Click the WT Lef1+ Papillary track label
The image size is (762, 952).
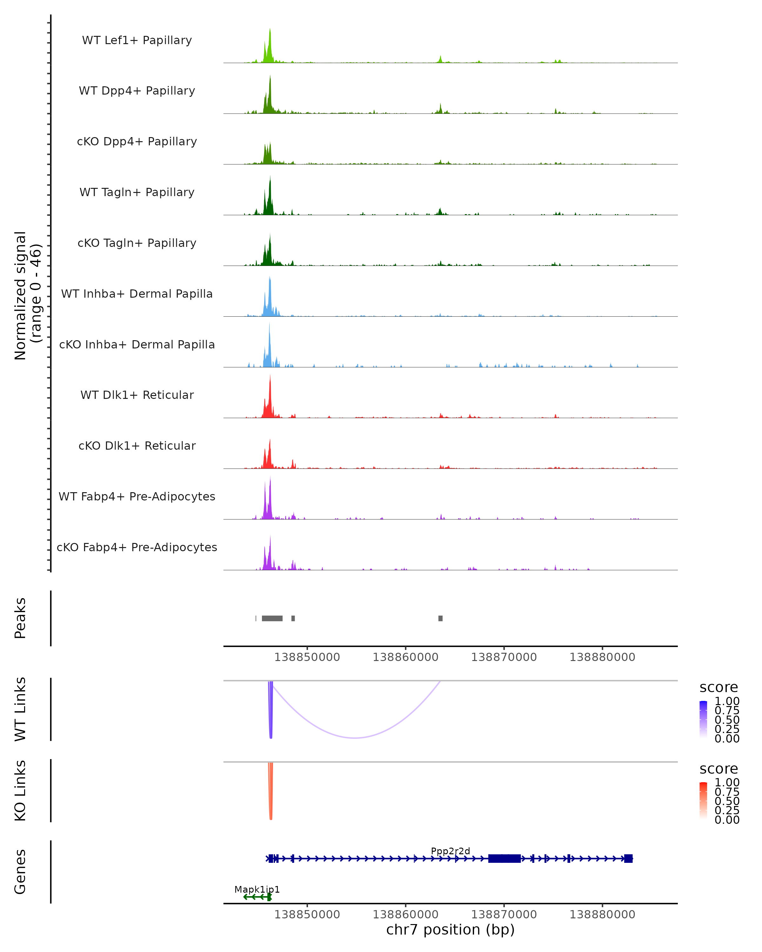[137, 41]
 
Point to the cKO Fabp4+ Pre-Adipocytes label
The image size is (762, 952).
[137, 547]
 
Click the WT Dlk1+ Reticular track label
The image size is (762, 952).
[137, 395]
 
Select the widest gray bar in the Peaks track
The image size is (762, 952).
[272, 618]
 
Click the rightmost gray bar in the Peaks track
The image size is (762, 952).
[440, 618]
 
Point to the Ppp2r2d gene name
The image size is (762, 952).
[450, 851]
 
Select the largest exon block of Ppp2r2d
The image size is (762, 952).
[504, 858]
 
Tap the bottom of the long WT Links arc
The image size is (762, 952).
[355, 737]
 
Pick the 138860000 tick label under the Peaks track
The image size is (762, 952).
[405, 657]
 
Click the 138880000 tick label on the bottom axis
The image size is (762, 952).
[602, 915]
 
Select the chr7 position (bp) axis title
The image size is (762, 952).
[450, 930]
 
